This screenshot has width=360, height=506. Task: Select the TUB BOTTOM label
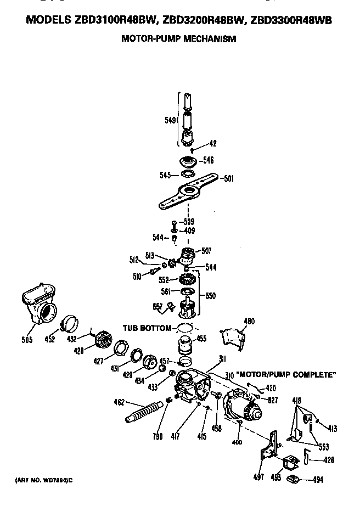click(x=147, y=328)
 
